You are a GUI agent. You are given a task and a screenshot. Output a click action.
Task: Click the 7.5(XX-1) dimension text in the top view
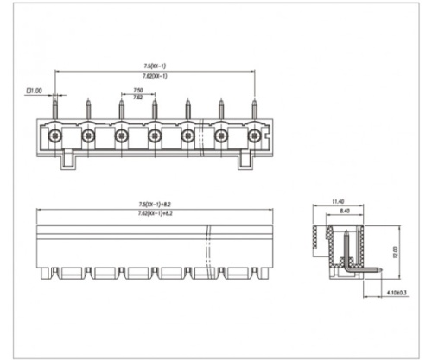[156, 66]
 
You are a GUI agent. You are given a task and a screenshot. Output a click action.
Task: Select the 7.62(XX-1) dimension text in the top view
[156, 76]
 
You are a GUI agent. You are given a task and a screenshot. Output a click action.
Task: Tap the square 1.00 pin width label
[35, 90]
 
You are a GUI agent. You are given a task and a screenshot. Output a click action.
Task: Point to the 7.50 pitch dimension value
[138, 90]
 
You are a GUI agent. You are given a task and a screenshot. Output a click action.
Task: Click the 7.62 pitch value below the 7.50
[138, 98]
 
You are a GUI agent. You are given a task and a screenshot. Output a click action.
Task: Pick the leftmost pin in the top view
[54, 109]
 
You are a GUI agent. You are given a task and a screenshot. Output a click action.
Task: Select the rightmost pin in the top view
[254, 109]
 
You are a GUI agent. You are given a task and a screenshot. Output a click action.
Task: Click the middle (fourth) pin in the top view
[155, 109]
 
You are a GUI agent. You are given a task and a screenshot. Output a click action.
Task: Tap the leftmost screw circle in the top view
[54, 136]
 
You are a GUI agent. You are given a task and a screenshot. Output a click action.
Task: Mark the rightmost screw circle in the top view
[254, 136]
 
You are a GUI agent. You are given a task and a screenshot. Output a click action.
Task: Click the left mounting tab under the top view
[69, 161]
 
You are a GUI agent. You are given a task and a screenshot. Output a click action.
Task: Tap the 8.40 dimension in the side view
[344, 211]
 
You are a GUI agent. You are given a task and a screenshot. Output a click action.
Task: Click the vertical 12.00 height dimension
[392, 251]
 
